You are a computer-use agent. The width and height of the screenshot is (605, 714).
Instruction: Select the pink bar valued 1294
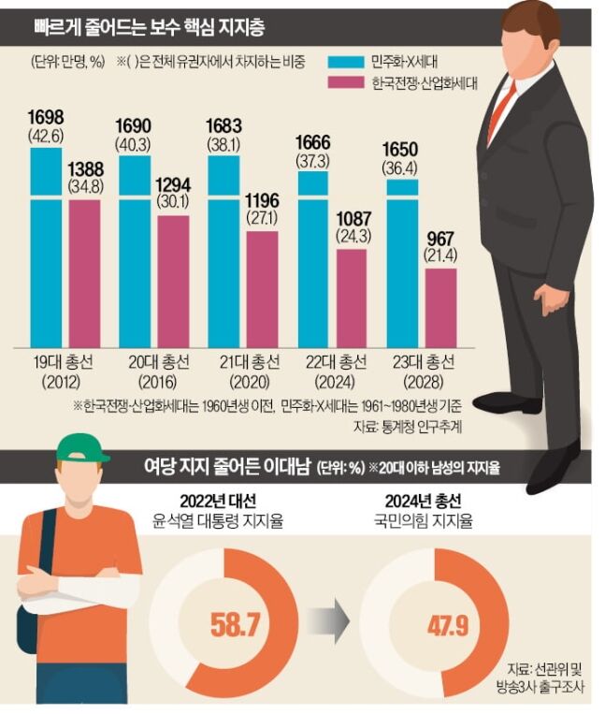coord(173,281)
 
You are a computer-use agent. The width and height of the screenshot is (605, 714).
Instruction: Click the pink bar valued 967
coord(440,309)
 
